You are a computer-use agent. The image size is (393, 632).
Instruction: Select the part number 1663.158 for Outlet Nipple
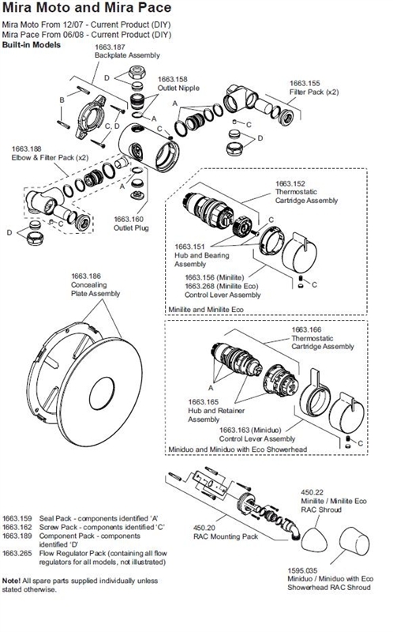pos(173,80)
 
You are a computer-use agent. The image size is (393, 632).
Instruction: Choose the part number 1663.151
pos(190,246)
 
